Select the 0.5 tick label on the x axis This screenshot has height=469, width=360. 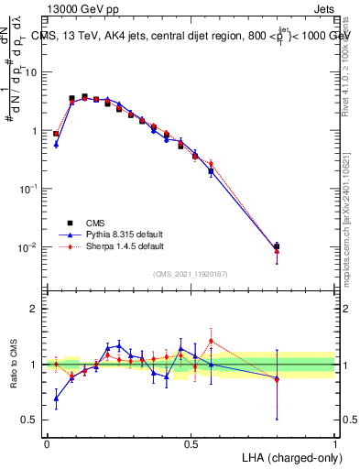[x=191, y=442]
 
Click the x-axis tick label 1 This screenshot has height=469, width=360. [x=335, y=442]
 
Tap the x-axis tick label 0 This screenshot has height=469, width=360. [x=47, y=442]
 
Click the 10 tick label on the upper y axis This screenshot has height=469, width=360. [x=33, y=72]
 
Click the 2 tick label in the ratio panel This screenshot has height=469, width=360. [x=37, y=309]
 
